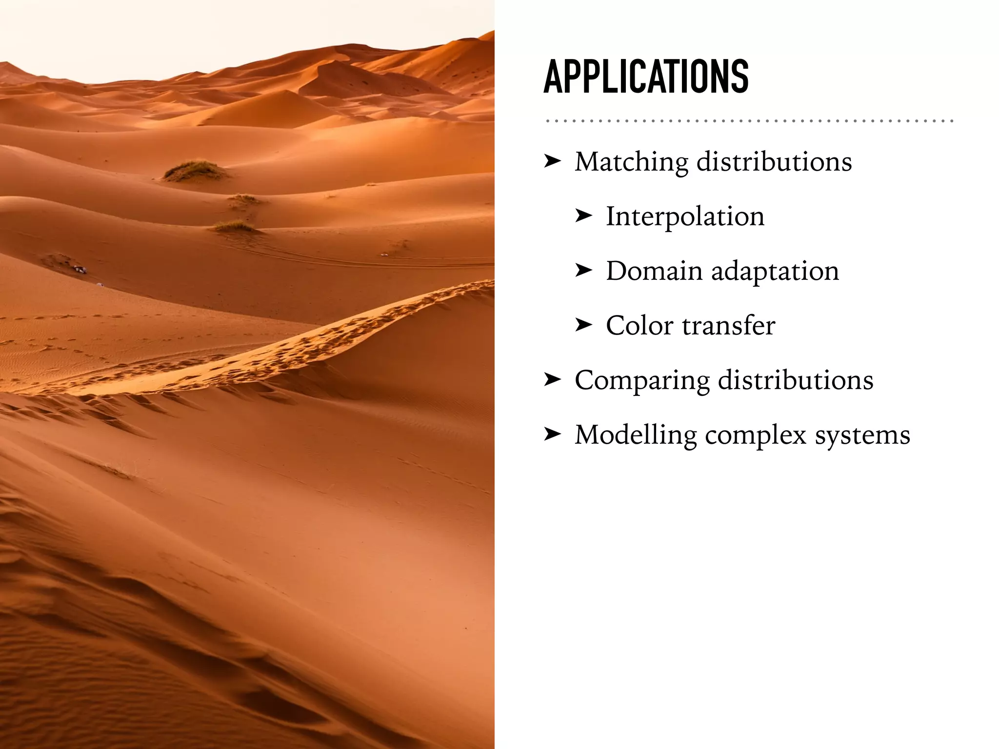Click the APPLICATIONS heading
[x=646, y=77]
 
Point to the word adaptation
[x=775, y=272]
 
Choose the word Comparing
[x=642, y=381]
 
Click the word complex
[x=756, y=435]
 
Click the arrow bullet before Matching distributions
[x=553, y=160]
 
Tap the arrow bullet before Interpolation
[x=583, y=215]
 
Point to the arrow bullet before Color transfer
[x=583, y=324]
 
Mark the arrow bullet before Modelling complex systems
[x=553, y=434]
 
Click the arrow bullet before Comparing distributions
[x=553, y=379]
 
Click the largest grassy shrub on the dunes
[x=195, y=170]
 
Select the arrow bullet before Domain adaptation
[x=583, y=270]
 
